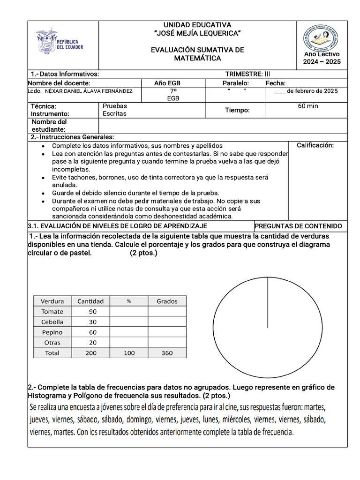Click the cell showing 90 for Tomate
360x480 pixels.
[92, 312]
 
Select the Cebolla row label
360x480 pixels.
[52, 322]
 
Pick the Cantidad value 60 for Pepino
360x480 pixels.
[92, 332]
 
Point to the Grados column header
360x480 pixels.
[167, 301]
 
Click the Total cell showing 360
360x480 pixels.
[167, 353]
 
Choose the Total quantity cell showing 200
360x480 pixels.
[91, 353]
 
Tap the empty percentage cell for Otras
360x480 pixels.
[128, 343]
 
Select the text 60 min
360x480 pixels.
[307, 106]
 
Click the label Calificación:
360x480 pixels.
[315, 145]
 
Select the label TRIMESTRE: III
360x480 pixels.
[247, 74]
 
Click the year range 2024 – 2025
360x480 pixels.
[322, 62]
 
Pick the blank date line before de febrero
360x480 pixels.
[279, 91]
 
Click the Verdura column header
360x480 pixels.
[52, 301]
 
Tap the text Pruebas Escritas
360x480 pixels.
[115, 110]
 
